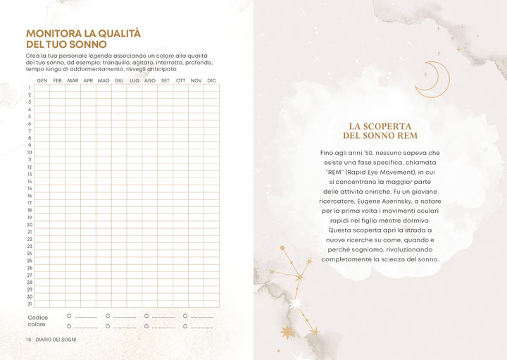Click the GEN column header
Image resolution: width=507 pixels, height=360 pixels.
42,81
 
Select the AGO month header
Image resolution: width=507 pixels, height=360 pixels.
149,81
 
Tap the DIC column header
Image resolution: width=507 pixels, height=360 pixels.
211,81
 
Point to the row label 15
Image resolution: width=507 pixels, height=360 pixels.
30,188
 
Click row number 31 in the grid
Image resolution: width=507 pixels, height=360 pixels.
30,304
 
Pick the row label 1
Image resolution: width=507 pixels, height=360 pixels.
30,87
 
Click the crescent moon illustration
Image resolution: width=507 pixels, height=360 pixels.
432,79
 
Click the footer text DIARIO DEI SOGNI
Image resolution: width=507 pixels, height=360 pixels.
58,340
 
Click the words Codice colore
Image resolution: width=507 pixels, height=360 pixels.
38,321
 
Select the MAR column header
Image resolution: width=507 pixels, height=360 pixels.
73,81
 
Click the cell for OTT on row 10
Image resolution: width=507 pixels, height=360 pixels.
180,152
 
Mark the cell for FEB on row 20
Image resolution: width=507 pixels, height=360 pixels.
57,224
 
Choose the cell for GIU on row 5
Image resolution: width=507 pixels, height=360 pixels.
118,116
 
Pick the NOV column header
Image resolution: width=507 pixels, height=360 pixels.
196,81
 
